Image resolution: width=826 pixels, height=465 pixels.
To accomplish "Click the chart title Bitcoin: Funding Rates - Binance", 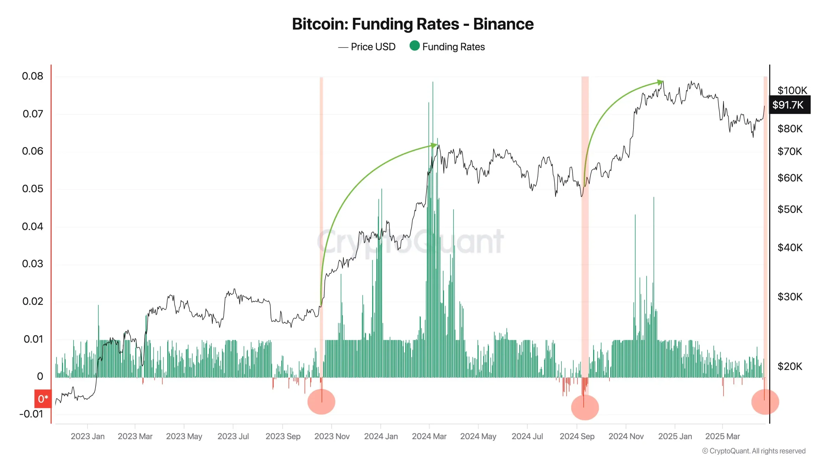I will point(413,24).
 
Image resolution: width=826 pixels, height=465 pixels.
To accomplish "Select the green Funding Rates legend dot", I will point(414,46).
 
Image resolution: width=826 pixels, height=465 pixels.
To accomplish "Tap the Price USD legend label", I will point(373,47).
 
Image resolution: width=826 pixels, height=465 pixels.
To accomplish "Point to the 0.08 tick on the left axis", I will point(32,76).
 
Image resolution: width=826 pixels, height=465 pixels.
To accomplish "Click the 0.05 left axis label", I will point(32,189).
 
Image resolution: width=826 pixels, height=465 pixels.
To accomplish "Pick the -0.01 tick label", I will point(31,414).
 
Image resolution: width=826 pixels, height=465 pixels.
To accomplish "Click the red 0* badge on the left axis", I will point(43,399).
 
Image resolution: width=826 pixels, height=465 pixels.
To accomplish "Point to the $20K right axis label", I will point(790,366).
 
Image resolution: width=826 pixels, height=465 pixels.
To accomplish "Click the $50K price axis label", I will point(790,209).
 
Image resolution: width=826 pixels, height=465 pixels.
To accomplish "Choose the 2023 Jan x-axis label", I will point(87,436).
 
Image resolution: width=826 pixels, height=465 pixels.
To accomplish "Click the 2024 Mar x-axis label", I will point(429,436).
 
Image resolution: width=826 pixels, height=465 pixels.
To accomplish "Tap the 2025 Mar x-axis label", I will point(722,436).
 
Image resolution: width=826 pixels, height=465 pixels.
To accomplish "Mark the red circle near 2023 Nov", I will point(321,402).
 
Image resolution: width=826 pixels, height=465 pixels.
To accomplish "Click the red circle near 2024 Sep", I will point(585,407).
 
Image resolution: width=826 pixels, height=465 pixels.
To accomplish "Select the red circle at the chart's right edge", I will point(765,402).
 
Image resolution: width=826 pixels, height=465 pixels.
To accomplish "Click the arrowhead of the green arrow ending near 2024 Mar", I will point(434,145).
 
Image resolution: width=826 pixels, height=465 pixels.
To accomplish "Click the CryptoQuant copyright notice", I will point(754,451).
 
